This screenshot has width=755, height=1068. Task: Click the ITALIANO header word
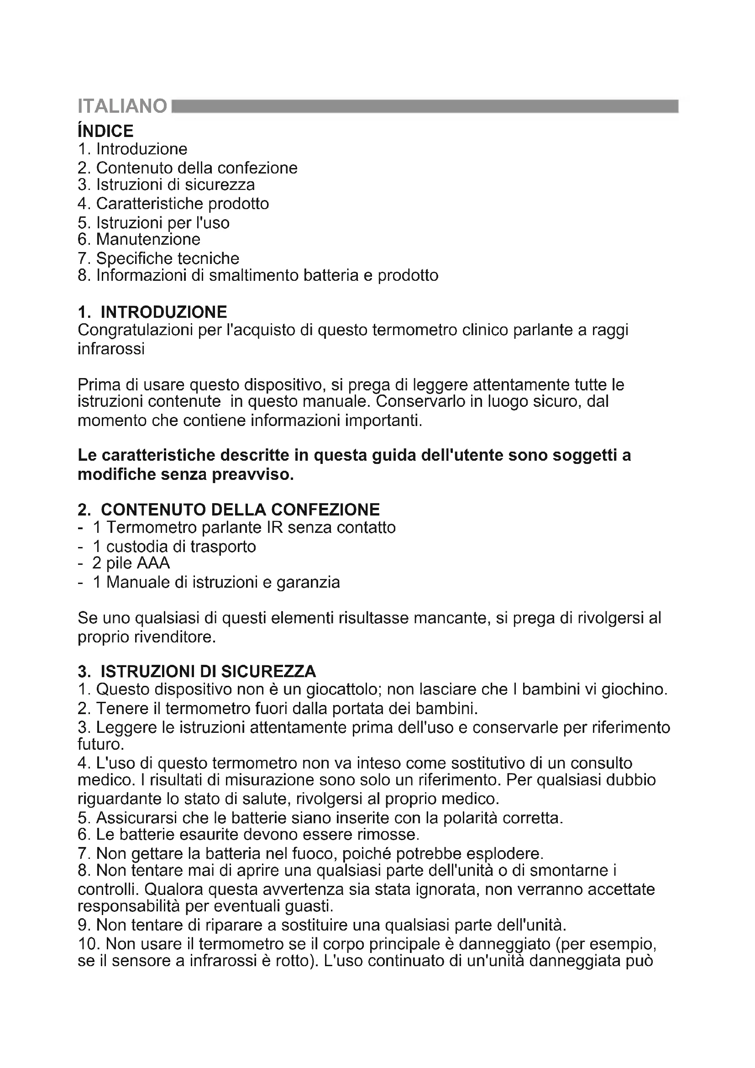tap(122, 106)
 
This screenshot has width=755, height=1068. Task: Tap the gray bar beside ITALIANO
tap(425, 106)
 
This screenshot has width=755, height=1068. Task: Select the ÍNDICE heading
tap(105, 131)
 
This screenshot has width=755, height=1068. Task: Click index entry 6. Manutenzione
tap(139, 239)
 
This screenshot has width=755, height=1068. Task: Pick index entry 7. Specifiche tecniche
tap(158, 258)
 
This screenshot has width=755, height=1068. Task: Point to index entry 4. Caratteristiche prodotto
tap(173, 203)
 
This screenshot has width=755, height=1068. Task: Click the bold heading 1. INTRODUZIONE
tap(152, 311)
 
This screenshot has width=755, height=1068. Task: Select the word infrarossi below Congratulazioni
tap(111, 348)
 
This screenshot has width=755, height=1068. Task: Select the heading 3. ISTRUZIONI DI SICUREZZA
tap(197, 671)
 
